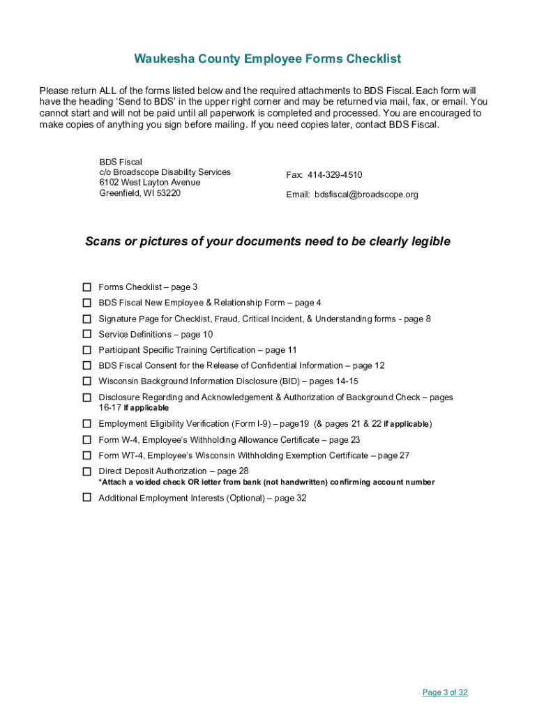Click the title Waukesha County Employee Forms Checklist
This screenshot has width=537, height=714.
[268, 59]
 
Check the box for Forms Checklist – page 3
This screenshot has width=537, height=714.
[87, 287]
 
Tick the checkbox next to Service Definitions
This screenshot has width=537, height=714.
[87, 335]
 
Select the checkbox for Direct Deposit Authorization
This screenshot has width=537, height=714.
[87, 471]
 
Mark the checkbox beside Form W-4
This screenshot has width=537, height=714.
[87, 440]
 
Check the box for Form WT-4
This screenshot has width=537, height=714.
[87, 455]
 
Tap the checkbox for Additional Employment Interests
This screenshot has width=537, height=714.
[87, 498]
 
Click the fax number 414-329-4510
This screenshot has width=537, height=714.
[335, 175]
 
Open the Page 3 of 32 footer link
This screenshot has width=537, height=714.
[445, 692]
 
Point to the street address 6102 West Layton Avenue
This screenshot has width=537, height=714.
[149, 183]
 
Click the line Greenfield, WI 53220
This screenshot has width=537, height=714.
[139, 193]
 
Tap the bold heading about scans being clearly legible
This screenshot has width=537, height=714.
[268, 242]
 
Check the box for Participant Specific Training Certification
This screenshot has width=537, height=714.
[87, 350]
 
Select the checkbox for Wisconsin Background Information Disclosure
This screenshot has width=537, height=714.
[87, 381]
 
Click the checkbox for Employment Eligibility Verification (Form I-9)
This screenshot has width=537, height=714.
[87, 424]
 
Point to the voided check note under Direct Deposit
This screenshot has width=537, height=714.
[266, 483]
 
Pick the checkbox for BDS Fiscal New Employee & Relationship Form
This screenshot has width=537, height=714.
[87, 303]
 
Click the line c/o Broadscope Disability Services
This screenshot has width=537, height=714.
[165, 172]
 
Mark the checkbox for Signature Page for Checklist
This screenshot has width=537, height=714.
[87, 319]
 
